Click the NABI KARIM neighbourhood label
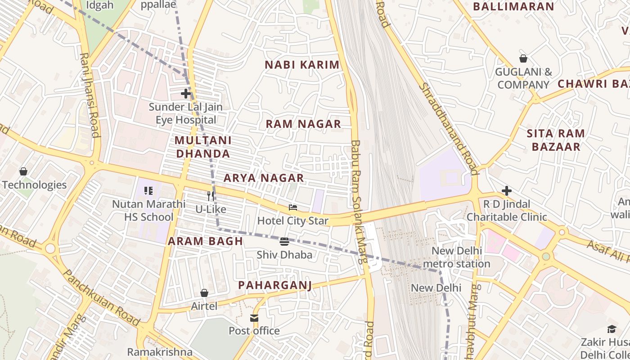[x=302, y=65]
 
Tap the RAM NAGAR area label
[x=303, y=124]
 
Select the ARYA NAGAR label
[x=264, y=178]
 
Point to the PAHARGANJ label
[x=275, y=285]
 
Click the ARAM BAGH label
[x=206, y=241]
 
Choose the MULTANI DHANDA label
[x=203, y=147]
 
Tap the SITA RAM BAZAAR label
[x=556, y=140]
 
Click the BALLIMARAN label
[x=513, y=7]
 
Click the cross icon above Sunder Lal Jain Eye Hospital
[x=186, y=94]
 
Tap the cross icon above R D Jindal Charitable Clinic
[x=507, y=191]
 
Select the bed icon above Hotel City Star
[x=293, y=207]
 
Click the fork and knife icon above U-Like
[x=211, y=196]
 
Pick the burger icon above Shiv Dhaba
[x=284, y=242]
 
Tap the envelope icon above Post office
[x=254, y=318]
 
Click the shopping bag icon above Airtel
[x=204, y=293]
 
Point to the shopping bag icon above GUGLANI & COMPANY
[x=523, y=58]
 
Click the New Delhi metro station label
[x=457, y=257]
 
